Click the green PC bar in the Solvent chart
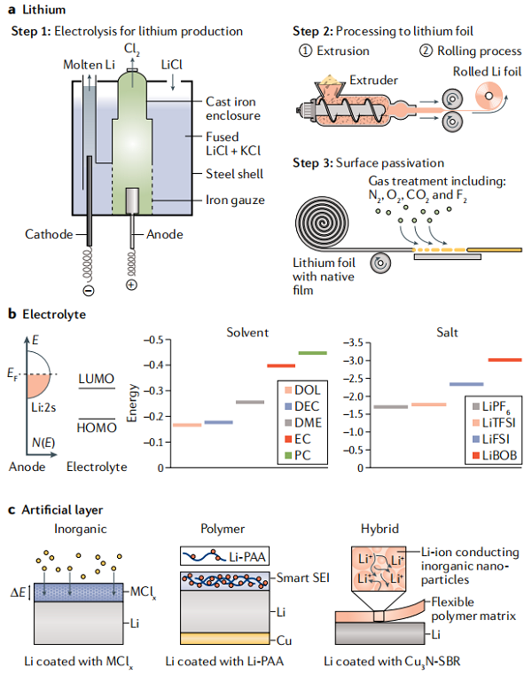tap(312, 353)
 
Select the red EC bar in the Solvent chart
tap(281, 366)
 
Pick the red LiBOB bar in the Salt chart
tap(505, 360)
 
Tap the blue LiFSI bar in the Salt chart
tap(466, 384)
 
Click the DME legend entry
tap(303, 423)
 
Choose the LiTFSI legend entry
tap(494, 423)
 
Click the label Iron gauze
tap(235, 200)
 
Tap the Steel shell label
tap(235, 174)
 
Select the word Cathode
tap(49, 234)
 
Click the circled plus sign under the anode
tap(132, 285)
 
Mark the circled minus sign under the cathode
tap(89, 291)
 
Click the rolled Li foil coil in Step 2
tap(489, 96)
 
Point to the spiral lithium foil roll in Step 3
tap(322, 223)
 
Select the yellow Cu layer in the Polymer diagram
tap(224, 638)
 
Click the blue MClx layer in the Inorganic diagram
tap(78, 593)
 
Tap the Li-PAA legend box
tap(224, 556)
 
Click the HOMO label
tap(97, 428)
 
